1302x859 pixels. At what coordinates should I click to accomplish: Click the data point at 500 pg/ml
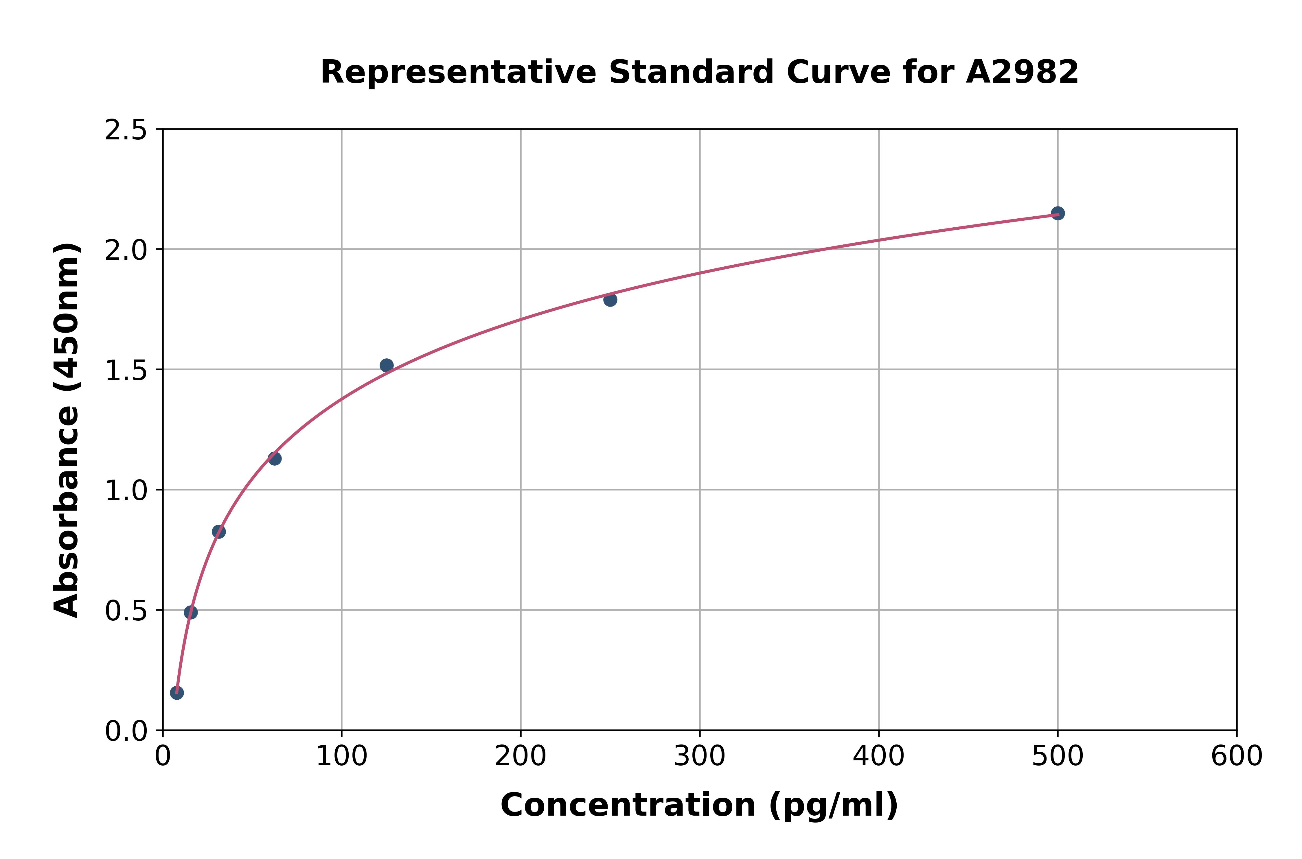click(x=1058, y=213)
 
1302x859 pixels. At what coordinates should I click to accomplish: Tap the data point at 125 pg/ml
click(x=386, y=365)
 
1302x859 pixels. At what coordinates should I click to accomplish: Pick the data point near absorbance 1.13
click(x=275, y=458)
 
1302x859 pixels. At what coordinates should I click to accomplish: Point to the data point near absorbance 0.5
click(x=191, y=613)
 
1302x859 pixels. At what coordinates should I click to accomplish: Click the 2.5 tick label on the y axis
click(x=126, y=130)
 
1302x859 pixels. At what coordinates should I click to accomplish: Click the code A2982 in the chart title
click(x=1022, y=72)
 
